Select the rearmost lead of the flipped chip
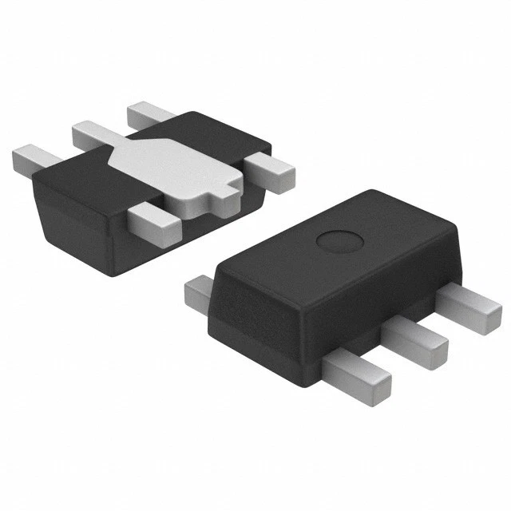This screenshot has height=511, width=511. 148,114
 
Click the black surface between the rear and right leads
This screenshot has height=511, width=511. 216,136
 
